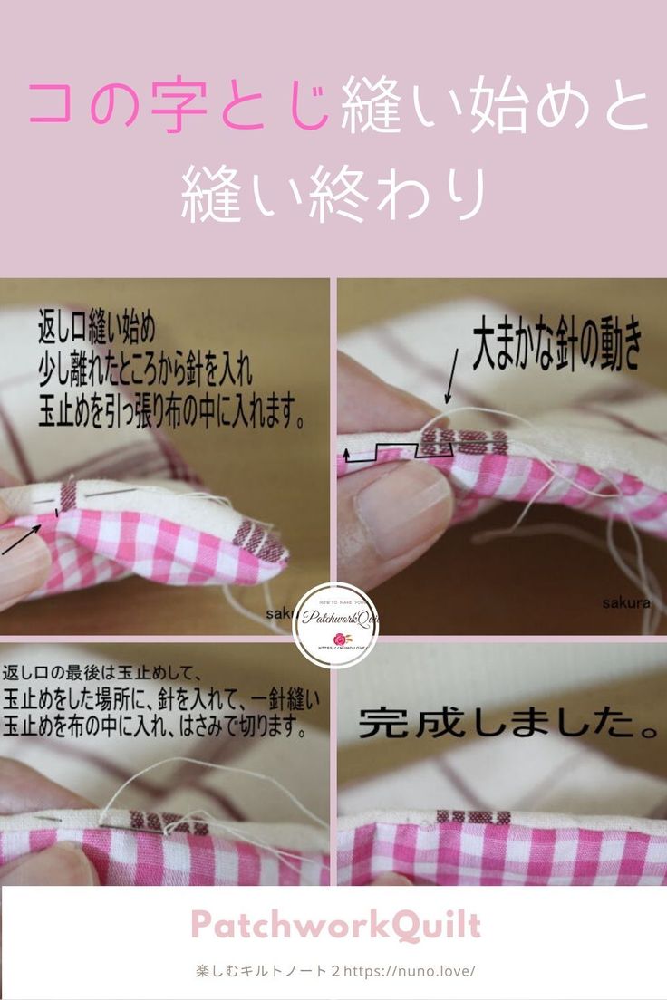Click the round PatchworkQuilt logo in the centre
335,626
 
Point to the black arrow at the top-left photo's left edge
20,538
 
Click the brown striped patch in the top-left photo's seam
69,495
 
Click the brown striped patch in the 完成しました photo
472,818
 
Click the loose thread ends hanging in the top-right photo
625,553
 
